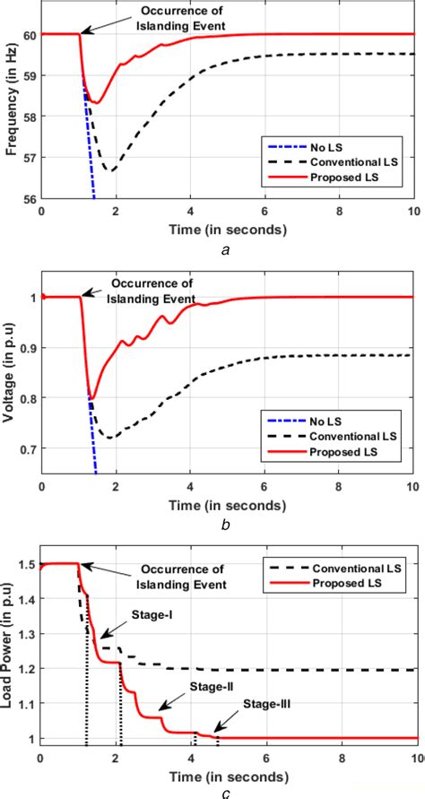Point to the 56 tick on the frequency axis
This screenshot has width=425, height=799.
tap(30, 199)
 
